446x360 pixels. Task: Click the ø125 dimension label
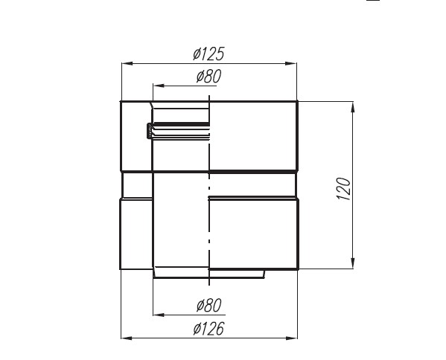[x=208, y=54]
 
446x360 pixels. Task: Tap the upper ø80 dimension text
[x=208, y=76]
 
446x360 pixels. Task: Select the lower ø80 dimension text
[x=208, y=305]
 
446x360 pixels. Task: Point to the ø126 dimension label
[x=208, y=329]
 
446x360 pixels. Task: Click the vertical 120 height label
[x=343, y=189]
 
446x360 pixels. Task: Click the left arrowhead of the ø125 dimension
[x=127, y=63]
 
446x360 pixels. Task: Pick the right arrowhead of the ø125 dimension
[x=290, y=63]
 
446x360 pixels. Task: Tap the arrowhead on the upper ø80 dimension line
[x=159, y=86]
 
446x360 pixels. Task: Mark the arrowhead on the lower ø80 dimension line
[x=159, y=315]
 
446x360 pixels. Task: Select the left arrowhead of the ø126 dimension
[x=127, y=338]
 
